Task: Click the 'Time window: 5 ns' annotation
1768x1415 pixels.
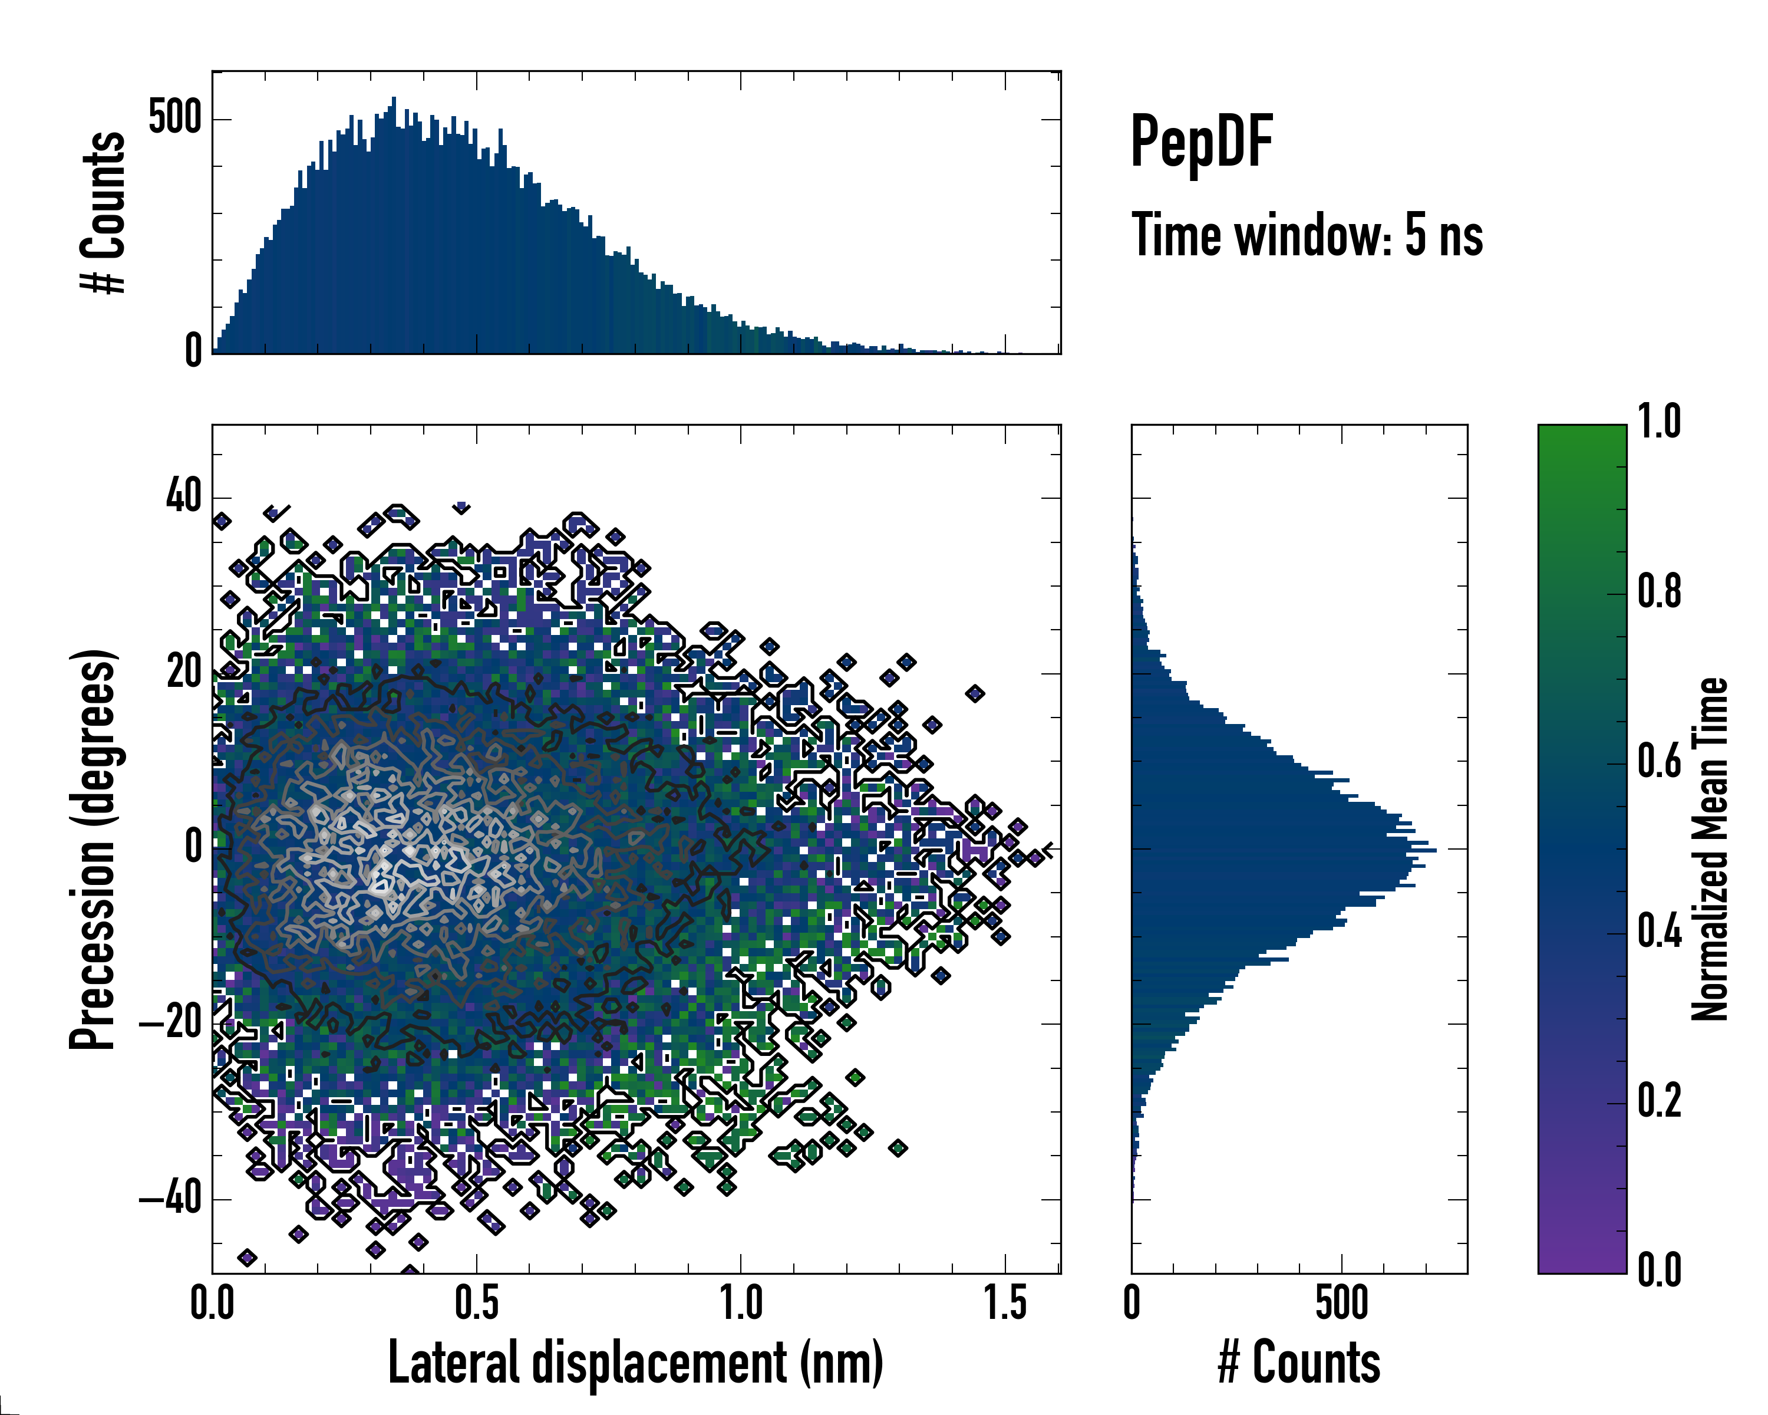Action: tap(1307, 235)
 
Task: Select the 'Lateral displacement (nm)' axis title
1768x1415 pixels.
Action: tap(635, 1363)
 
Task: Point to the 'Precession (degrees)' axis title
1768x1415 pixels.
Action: tap(92, 849)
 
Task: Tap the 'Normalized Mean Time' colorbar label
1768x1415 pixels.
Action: tap(1709, 849)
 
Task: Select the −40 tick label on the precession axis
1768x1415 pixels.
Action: tap(170, 1199)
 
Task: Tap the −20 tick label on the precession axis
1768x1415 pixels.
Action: tap(170, 1023)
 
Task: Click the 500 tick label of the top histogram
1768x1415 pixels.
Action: tap(174, 118)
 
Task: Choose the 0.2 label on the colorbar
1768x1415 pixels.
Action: tap(1658, 1101)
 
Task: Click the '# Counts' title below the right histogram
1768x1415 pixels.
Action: tap(1299, 1363)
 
